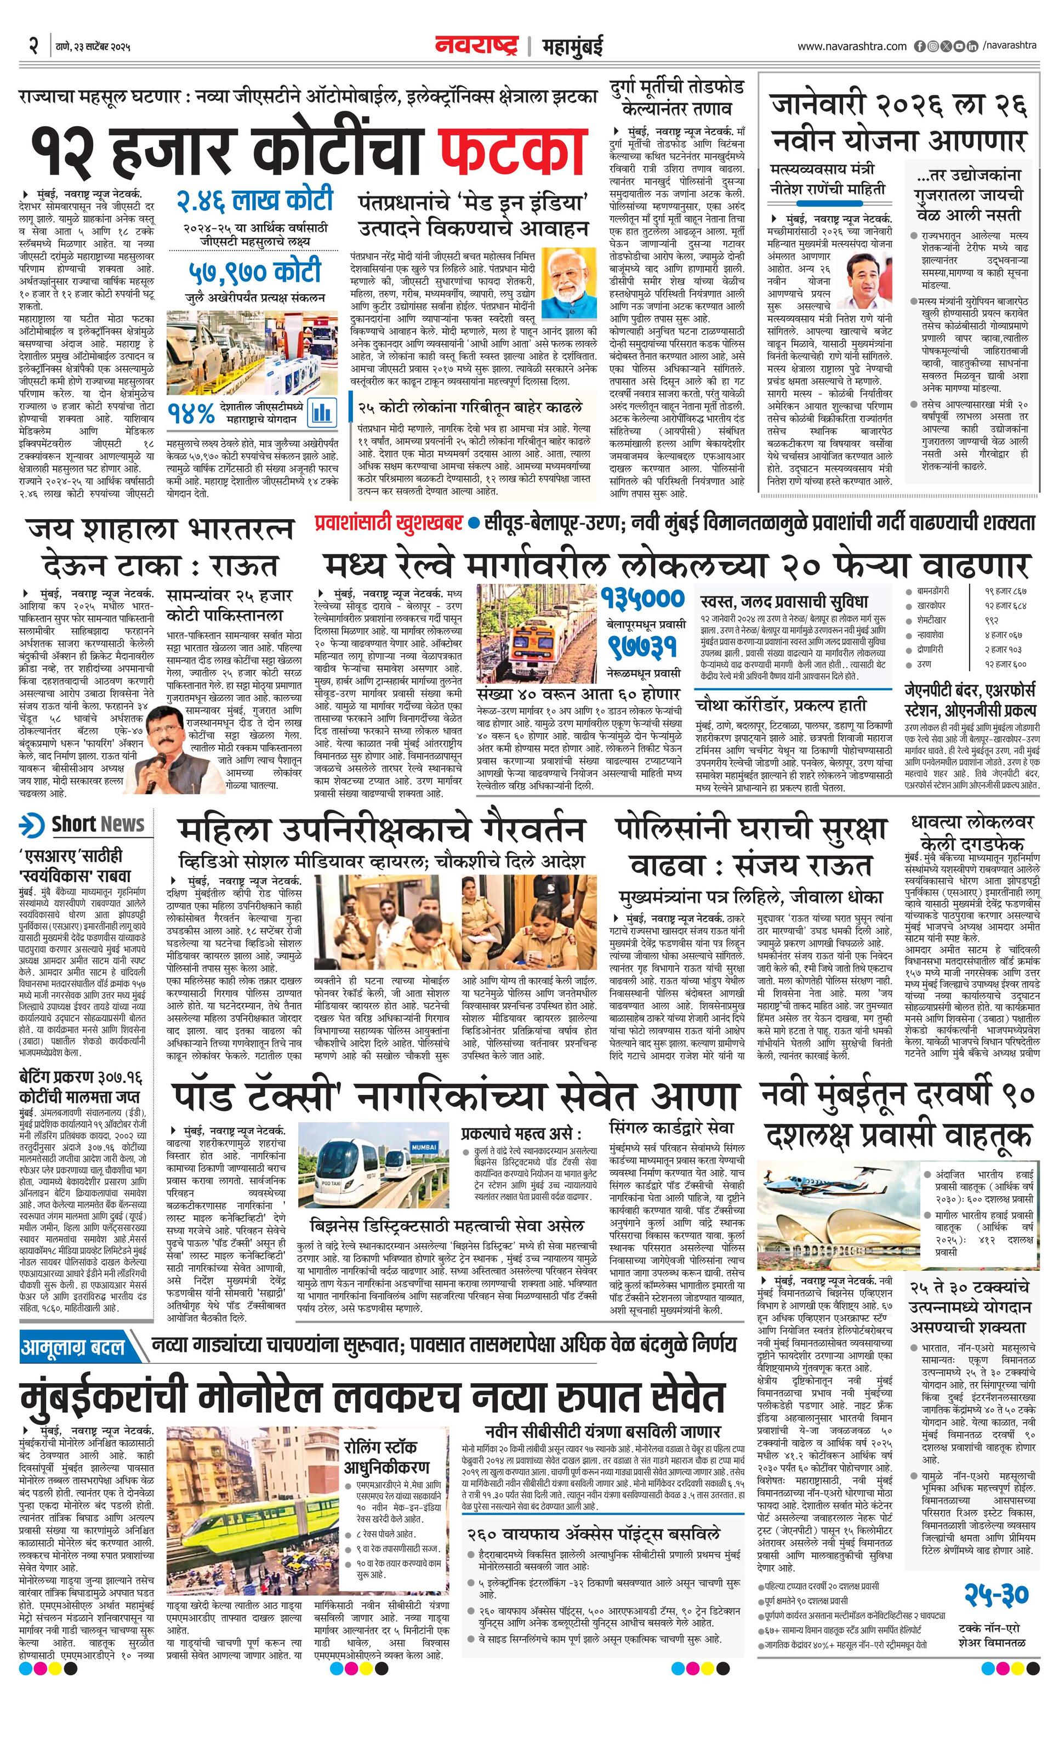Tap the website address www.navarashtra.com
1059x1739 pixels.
point(852,47)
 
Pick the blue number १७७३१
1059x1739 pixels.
point(644,646)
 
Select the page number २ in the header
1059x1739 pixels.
point(33,46)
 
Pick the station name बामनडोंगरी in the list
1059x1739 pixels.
point(933,590)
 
